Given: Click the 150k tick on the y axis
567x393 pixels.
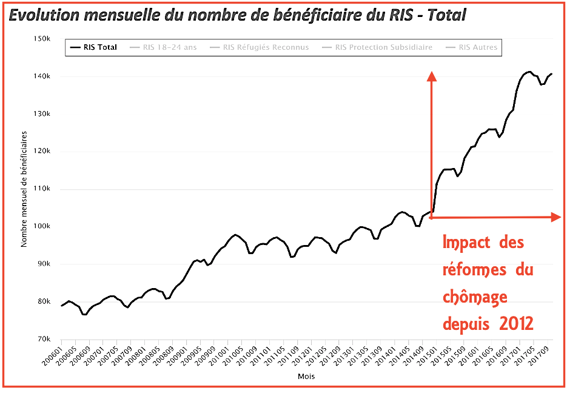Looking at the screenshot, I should [x=41, y=39].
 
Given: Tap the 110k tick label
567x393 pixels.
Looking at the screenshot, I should [x=41, y=189].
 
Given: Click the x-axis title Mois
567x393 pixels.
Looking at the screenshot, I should [x=306, y=377].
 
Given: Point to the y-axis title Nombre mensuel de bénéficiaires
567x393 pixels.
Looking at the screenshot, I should [x=25, y=189].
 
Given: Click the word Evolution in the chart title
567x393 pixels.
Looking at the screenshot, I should [x=44, y=15].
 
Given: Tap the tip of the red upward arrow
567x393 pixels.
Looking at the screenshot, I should [x=432, y=75].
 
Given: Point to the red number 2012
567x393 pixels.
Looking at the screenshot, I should [x=517, y=324].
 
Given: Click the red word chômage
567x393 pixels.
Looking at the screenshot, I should [x=475, y=297].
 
